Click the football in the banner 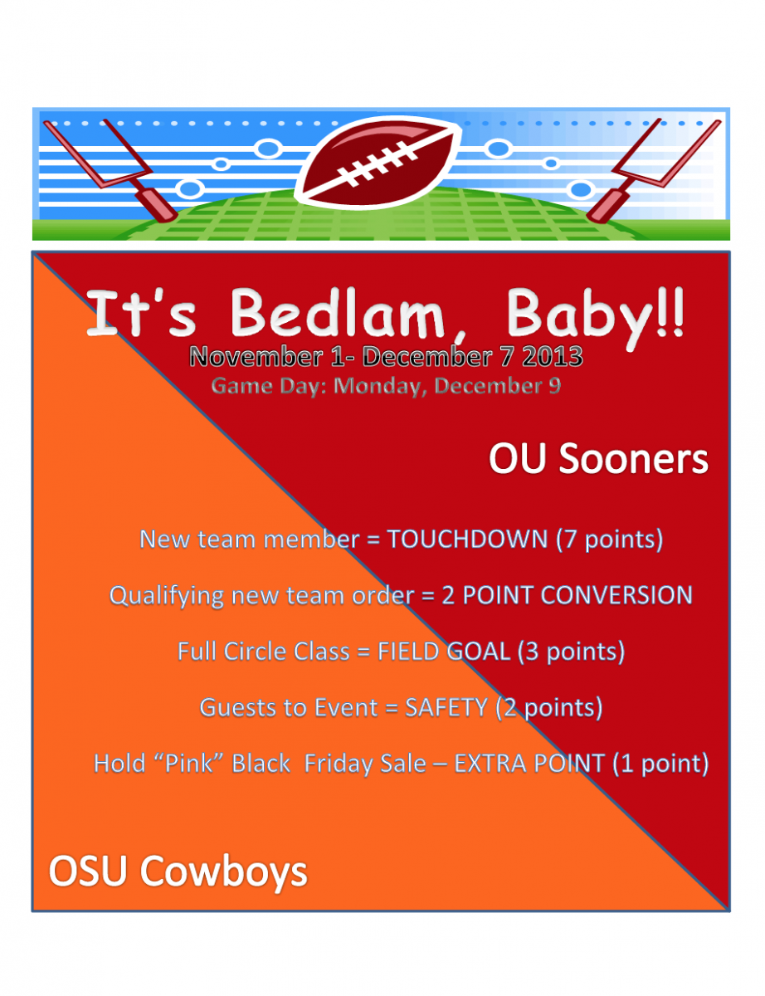pos(378,163)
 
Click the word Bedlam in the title pos(338,314)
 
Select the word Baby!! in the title pos(596,317)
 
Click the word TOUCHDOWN pos(468,539)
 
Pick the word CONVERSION pos(616,595)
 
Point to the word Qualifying pos(167,597)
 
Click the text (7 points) pos(610,539)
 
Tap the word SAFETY pos(446,707)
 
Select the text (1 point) pos(660,764)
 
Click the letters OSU pos(87,871)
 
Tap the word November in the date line pos(256,357)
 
